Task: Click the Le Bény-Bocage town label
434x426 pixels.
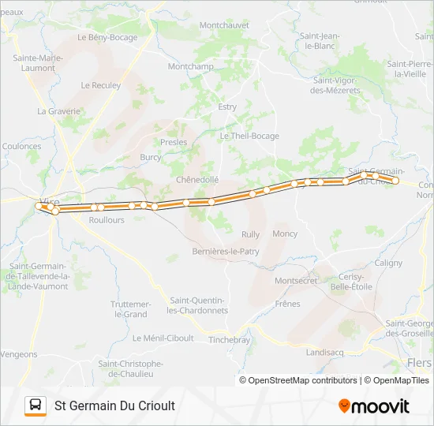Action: [x=107, y=37]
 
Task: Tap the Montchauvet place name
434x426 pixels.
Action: [x=224, y=25]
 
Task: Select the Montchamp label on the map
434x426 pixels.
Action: [x=191, y=67]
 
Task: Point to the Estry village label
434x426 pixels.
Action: [x=227, y=106]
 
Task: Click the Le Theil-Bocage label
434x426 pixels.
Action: [x=249, y=136]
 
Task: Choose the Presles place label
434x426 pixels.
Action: [x=174, y=143]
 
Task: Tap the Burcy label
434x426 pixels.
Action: [x=150, y=157]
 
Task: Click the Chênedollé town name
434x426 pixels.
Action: [x=197, y=180]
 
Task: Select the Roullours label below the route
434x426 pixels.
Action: [x=107, y=221]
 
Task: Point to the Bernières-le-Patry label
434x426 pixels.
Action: [x=226, y=252]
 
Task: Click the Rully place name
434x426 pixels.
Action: [x=250, y=234]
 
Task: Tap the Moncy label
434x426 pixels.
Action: [x=285, y=234]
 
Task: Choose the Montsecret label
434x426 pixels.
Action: [x=296, y=281]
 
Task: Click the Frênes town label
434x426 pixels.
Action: [x=287, y=304]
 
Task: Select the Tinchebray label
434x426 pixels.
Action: [x=229, y=340]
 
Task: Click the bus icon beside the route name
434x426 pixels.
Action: [x=36, y=405]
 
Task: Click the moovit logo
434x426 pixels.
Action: [x=374, y=405]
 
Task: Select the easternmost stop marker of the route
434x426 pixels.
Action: [x=396, y=181]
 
